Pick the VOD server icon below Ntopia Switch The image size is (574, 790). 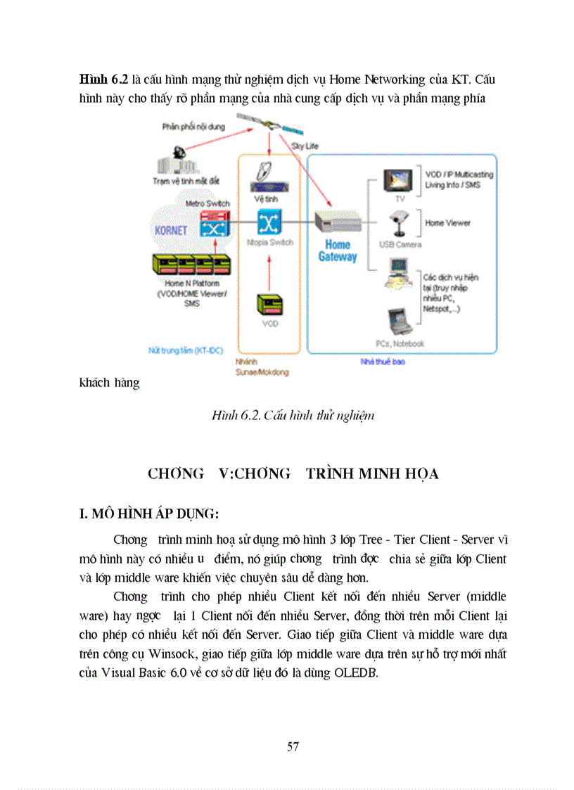tap(269, 304)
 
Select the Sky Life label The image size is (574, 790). tap(305, 146)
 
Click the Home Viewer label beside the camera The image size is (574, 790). tap(447, 223)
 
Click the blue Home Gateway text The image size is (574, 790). tap(338, 250)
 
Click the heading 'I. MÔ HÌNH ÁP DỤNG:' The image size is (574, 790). tap(148, 514)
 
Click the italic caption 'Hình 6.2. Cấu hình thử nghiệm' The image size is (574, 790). tap(293, 415)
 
